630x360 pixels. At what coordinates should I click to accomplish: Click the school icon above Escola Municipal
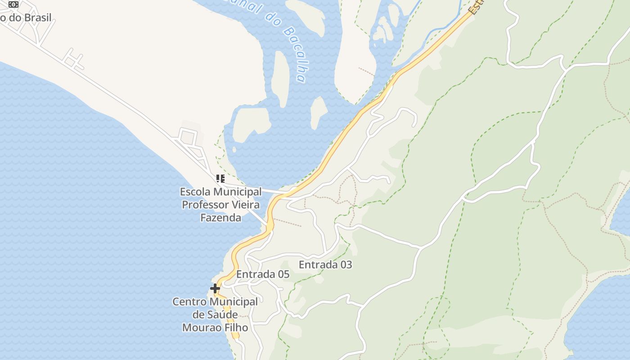click(x=220, y=179)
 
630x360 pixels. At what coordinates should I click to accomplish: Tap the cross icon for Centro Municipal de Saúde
click(x=215, y=288)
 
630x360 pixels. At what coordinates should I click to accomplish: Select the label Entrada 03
click(x=325, y=265)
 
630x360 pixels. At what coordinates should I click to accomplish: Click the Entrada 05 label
click(x=263, y=274)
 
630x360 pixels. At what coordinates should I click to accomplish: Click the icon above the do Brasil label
click(x=13, y=4)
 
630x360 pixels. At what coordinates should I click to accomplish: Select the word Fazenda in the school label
click(x=220, y=218)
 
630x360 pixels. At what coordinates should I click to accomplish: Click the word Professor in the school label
click(x=205, y=205)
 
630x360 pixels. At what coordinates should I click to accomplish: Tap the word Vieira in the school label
click(x=245, y=205)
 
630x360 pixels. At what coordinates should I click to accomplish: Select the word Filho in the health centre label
click(x=231, y=328)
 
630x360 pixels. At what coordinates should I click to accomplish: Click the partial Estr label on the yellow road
click(x=475, y=7)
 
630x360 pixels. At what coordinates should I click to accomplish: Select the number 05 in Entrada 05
click(x=283, y=274)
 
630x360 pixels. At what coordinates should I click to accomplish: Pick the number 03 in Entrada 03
click(x=345, y=265)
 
